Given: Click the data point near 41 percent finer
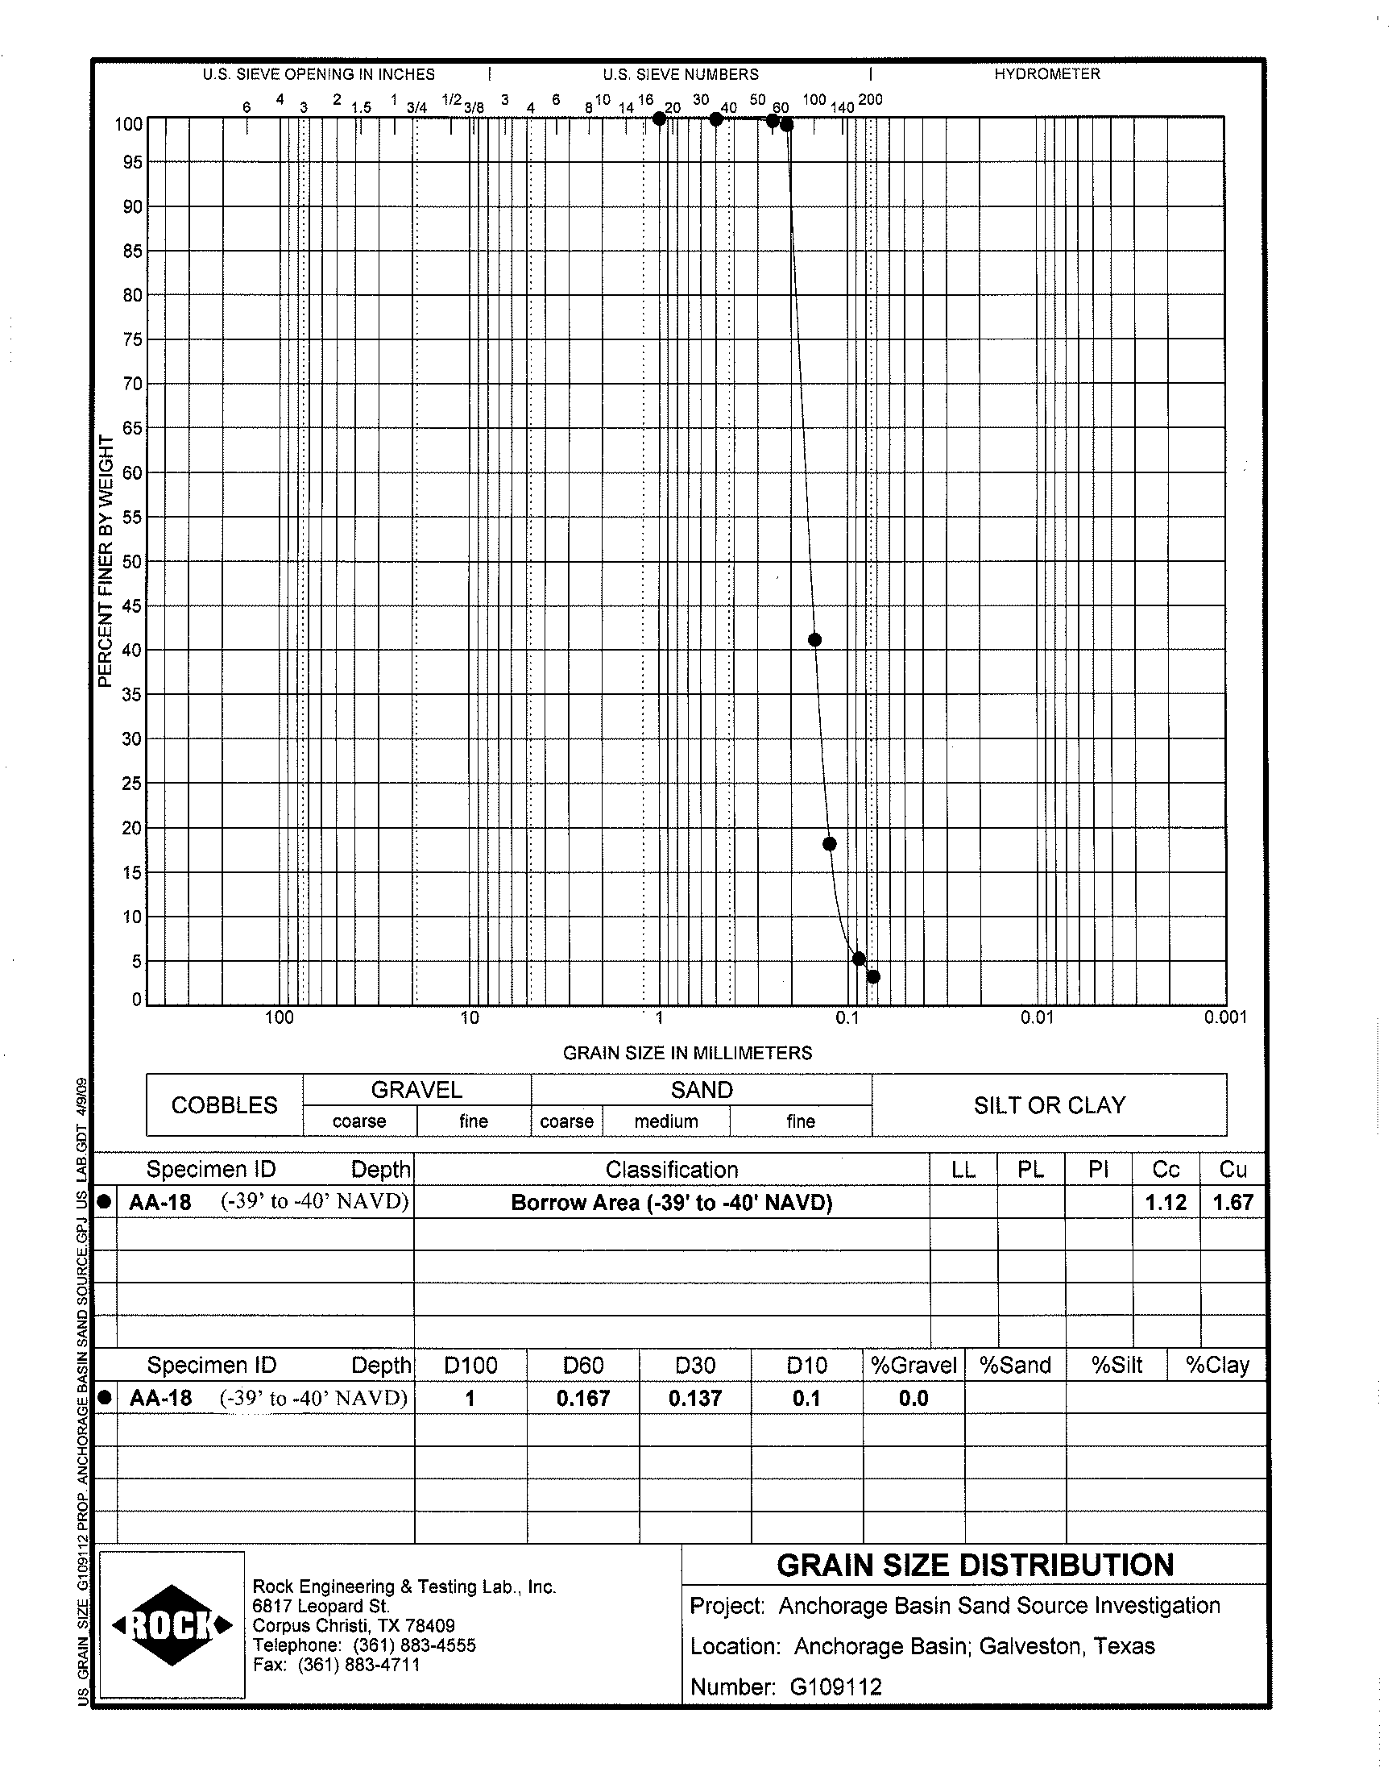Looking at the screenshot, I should click(814, 639).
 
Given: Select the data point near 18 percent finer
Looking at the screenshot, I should click(830, 843).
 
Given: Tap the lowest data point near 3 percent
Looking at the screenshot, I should click(873, 976).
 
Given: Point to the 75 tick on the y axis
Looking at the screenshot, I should click(132, 339).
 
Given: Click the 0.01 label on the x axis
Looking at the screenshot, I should click(1037, 1017).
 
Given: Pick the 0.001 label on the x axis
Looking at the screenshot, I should click(1225, 1017).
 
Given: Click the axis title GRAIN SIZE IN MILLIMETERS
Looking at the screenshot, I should click(687, 1053).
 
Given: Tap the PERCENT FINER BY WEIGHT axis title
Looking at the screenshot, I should click(106, 561).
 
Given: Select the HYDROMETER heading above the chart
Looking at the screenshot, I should click(1046, 74).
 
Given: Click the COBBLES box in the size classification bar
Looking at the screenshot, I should click(224, 1105).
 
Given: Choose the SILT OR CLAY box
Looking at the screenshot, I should click(1049, 1105).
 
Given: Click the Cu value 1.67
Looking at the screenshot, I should click(1232, 1203).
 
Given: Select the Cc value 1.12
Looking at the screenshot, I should click(1166, 1203).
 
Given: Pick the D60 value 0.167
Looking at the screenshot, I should click(582, 1399).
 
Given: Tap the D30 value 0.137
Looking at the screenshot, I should click(694, 1399).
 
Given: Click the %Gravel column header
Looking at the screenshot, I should click(913, 1365).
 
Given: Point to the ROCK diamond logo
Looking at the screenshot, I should click(172, 1625).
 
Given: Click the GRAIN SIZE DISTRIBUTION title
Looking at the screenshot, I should click(975, 1566).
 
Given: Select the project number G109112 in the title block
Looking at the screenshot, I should click(835, 1687).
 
